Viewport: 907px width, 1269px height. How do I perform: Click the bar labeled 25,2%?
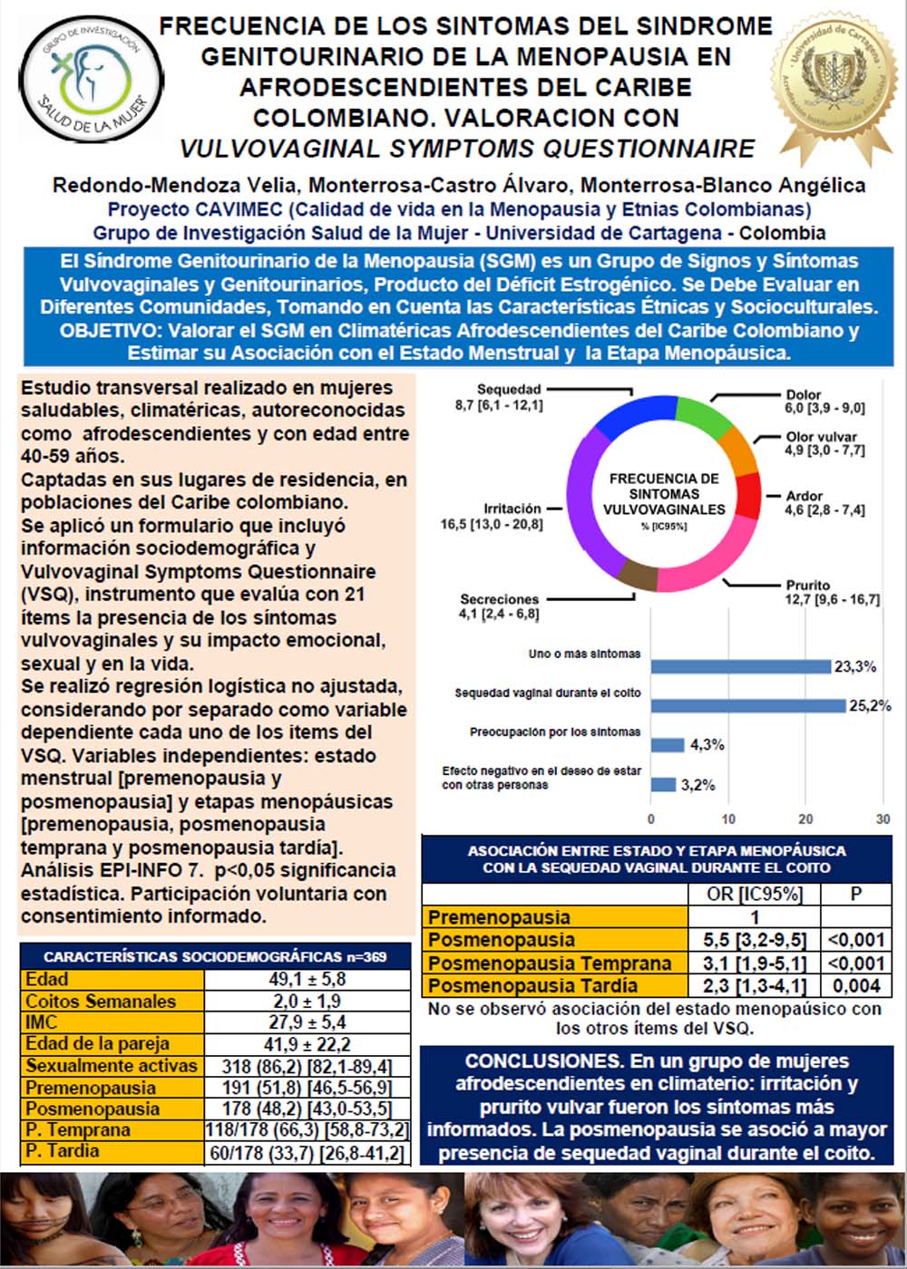click(747, 705)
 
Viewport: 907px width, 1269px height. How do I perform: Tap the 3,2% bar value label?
click(698, 785)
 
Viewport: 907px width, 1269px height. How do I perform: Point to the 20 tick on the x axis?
click(805, 819)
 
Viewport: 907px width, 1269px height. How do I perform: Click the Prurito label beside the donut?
click(807, 586)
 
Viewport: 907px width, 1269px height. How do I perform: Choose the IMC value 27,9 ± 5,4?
click(307, 1022)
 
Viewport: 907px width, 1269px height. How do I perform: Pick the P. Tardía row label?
click(63, 1151)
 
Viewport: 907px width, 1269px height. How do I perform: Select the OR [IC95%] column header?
click(754, 894)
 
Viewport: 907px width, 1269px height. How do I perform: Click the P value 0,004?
click(855, 986)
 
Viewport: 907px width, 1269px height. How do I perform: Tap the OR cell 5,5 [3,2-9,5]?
click(754, 940)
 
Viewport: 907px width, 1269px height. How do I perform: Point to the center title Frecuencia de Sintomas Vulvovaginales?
click(664, 494)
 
